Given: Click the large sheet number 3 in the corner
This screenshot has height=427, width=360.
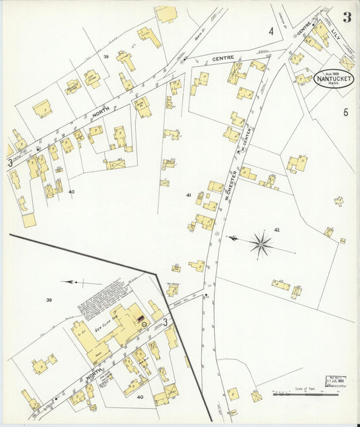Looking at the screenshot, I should [346, 17].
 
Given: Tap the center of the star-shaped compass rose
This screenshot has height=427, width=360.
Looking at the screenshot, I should [260, 243].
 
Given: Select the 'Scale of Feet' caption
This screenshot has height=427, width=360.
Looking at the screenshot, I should [305, 388].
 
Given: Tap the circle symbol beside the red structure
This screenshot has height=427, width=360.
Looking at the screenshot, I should [143, 325].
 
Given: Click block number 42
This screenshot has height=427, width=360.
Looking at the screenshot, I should [276, 230].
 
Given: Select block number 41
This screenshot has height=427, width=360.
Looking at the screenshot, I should [188, 195].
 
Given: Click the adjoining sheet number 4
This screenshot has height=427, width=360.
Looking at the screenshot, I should [271, 31].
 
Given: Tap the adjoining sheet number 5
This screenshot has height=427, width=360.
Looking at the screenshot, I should [345, 112].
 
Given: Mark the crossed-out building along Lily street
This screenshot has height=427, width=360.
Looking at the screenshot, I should [346, 62].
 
